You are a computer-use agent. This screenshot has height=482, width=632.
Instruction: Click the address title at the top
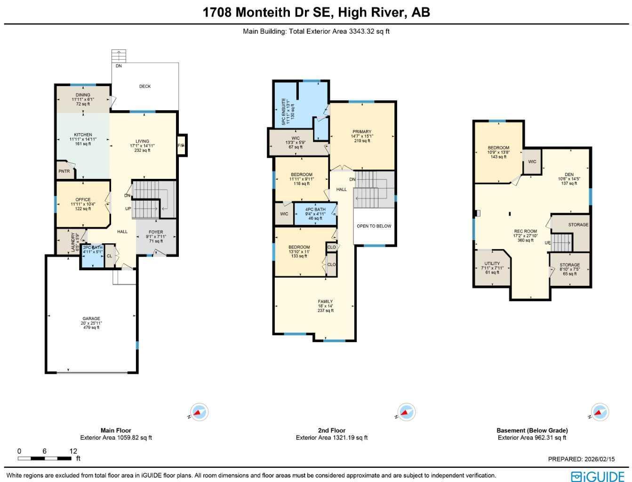[316, 12]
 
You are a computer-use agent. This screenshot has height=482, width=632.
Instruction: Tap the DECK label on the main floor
[145, 87]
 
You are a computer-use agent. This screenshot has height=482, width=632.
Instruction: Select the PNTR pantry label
[64, 171]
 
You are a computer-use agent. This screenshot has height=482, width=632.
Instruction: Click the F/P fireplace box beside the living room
[181, 145]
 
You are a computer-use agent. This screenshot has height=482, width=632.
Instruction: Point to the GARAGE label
[91, 319]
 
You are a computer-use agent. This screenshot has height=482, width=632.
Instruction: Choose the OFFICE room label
[83, 200]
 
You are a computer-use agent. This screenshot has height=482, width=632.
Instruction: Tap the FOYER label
[156, 232]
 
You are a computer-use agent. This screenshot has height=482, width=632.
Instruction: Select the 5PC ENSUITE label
[284, 112]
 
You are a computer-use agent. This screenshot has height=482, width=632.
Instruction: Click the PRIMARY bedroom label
[362, 132]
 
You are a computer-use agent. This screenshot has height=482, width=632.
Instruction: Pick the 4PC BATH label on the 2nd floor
[315, 209]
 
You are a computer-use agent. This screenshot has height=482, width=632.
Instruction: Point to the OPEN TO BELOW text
[374, 226]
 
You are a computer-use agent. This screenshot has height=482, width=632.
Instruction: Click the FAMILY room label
[325, 302]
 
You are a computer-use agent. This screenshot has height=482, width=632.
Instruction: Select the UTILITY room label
[492, 264]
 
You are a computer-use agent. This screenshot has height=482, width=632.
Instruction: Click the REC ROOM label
[525, 232]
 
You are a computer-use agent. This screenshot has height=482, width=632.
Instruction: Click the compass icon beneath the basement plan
[599, 412]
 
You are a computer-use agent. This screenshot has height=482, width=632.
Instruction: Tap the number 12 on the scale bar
[73, 451]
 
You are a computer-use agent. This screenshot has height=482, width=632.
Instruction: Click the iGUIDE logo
[597, 476]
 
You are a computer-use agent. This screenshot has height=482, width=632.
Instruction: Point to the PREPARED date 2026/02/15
[581, 459]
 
